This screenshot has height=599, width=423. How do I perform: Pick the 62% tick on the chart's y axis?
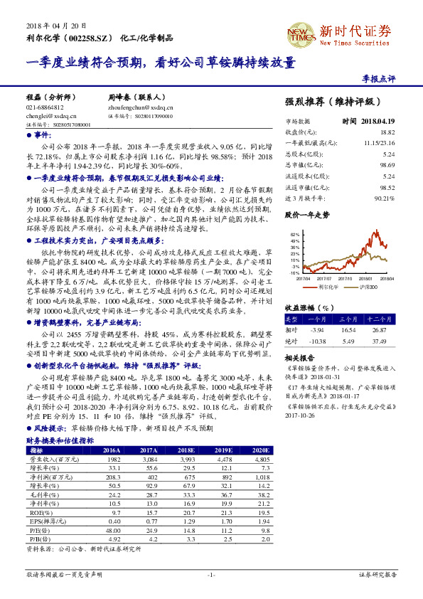click(x=294, y=233)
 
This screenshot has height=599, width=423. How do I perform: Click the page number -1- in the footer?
click(x=210, y=573)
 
